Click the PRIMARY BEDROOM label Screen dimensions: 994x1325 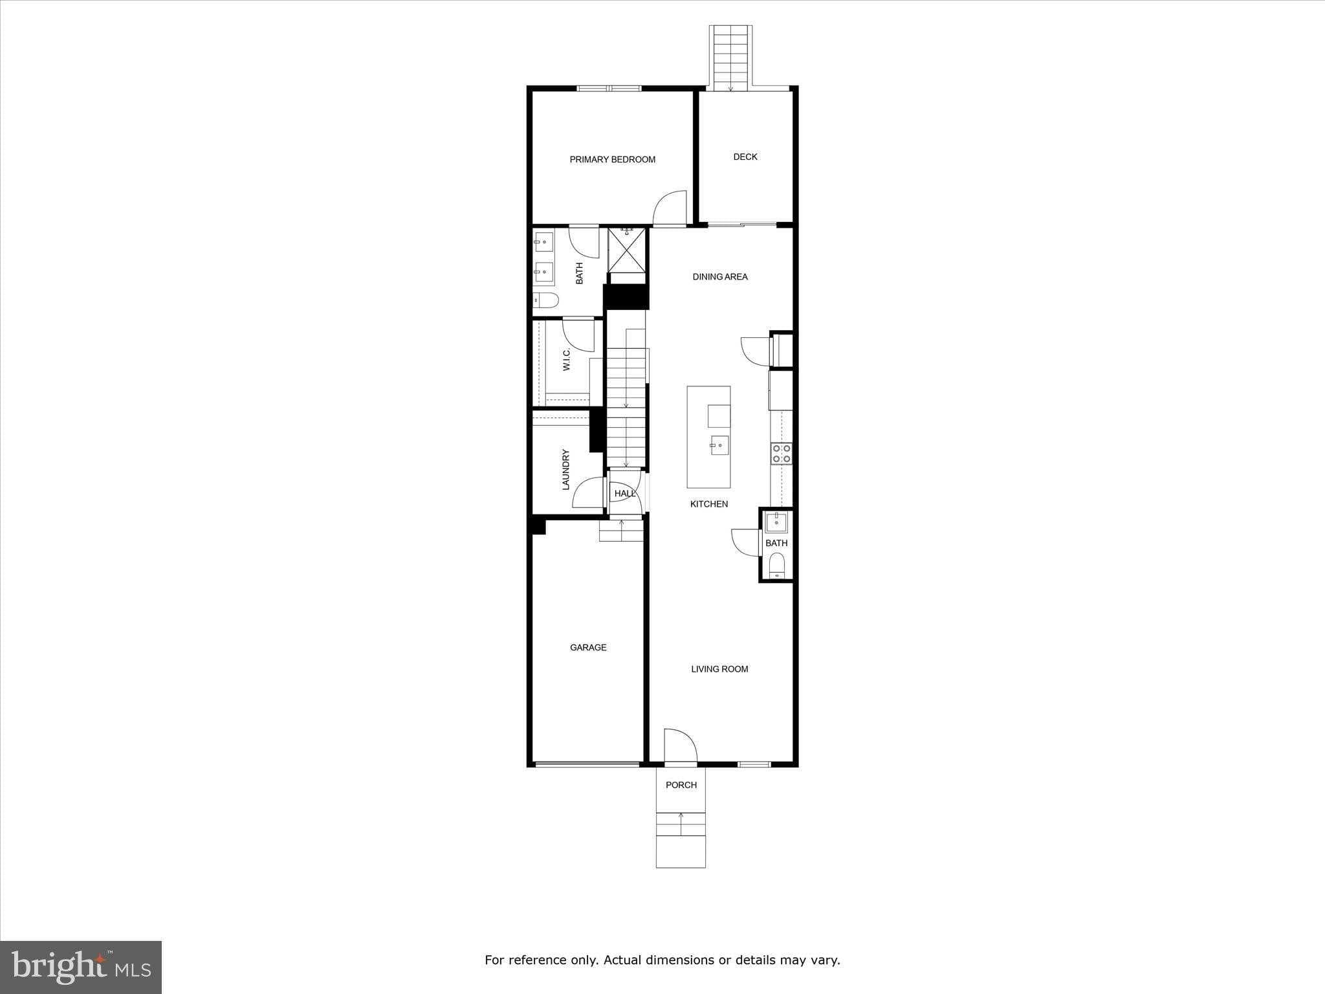[x=612, y=159]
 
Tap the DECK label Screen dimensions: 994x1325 [x=745, y=157]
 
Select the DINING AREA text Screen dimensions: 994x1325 [x=720, y=276]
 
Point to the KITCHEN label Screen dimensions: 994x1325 [x=709, y=503]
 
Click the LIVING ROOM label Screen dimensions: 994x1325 [x=719, y=668]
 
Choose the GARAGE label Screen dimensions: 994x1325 [x=588, y=647]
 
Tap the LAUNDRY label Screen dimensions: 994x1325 [x=565, y=469]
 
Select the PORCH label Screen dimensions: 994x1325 [x=681, y=784]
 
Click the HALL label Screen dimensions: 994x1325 [x=624, y=494]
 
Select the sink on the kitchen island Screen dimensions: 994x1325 [x=719, y=445]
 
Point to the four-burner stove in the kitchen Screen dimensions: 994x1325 [x=781, y=453]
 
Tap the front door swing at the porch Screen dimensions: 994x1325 [x=679, y=745]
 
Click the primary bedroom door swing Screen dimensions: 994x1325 [x=670, y=208]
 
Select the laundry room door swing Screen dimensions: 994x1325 [x=588, y=492]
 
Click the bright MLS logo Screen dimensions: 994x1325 [x=81, y=967]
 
